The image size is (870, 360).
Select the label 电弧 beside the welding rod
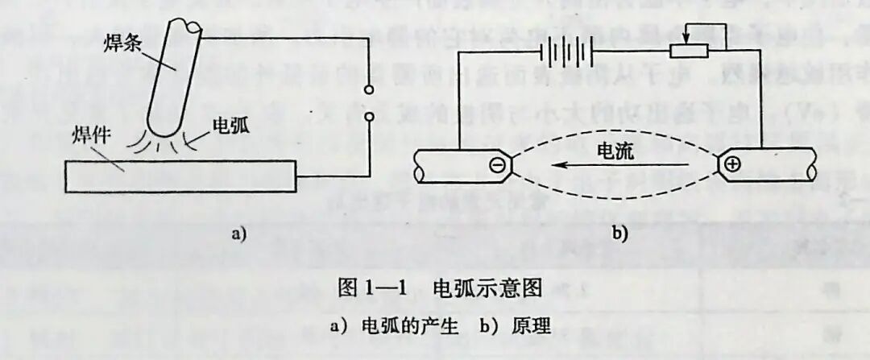[230, 126]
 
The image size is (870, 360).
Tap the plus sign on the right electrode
[732, 165]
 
